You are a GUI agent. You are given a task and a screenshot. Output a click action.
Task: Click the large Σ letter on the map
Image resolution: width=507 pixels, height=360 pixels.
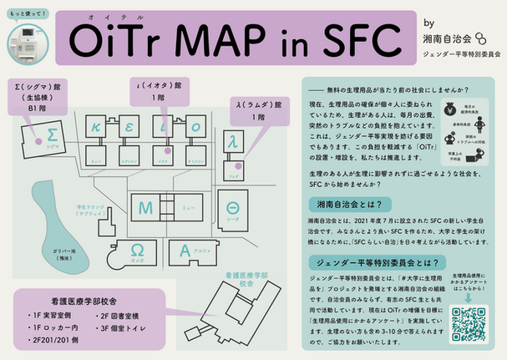[51, 134]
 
